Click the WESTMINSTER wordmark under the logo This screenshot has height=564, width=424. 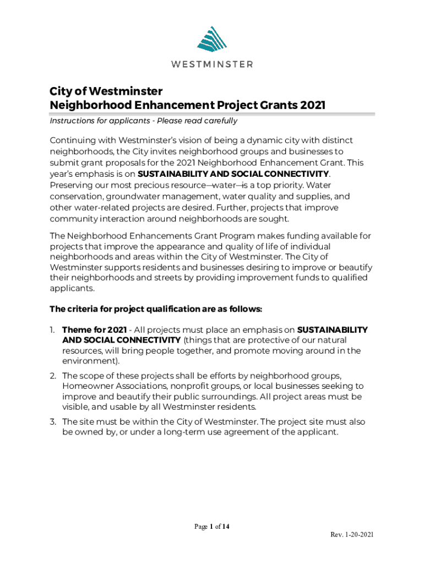211,64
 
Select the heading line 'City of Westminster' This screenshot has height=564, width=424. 106,91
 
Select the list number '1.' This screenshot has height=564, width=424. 53,329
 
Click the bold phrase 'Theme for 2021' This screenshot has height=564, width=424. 90,329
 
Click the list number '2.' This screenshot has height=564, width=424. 53,376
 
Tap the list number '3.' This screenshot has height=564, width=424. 53,421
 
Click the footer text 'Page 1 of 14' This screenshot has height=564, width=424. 211,527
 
